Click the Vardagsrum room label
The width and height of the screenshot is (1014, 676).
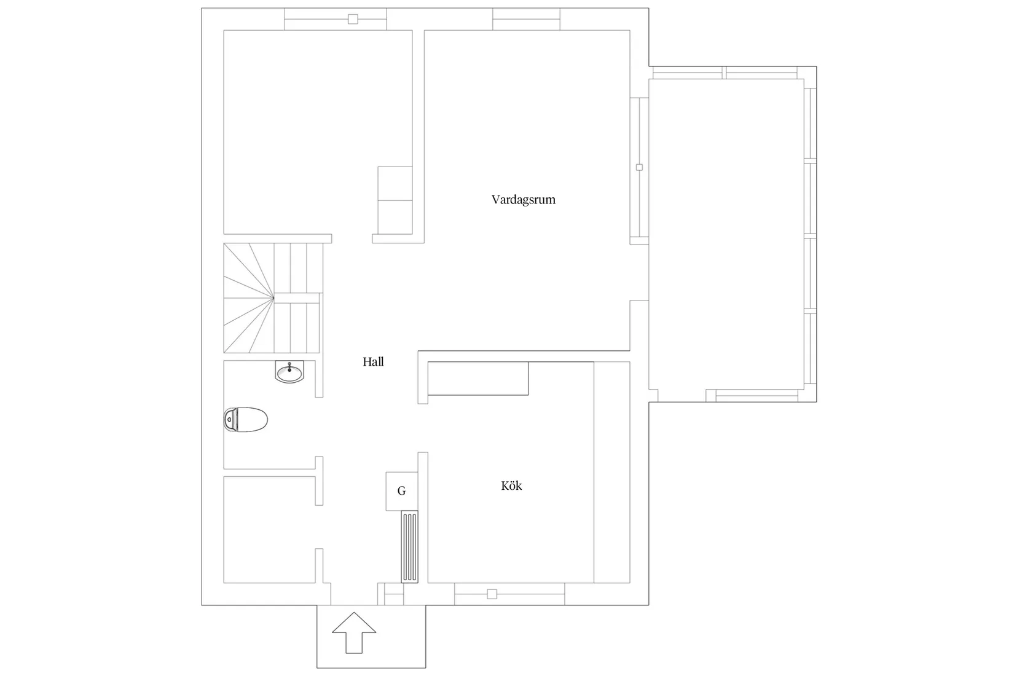click(x=524, y=200)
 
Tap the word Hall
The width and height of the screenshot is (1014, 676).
click(x=373, y=362)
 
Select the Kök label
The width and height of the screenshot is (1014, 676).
click(x=511, y=486)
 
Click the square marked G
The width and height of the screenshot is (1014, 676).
click(x=401, y=491)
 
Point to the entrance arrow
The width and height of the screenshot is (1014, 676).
click(x=354, y=633)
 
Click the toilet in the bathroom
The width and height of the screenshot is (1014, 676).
click(x=246, y=420)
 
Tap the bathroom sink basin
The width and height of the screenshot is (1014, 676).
click(x=289, y=372)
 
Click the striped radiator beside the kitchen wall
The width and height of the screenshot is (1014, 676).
click(x=409, y=546)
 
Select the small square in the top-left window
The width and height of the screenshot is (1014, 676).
click(x=353, y=19)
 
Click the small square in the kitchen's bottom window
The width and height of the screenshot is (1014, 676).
click(x=492, y=594)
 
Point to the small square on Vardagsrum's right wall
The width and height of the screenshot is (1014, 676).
click(x=639, y=168)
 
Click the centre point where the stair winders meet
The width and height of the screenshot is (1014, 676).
click(x=273, y=298)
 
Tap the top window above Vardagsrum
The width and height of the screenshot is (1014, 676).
click(x=526, y=19)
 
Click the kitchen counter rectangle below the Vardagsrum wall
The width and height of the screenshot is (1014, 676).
click(x=478, y=379)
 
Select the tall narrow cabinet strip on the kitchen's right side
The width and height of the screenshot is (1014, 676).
click(x=611, y=472)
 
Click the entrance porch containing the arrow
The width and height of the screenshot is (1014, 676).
click(x=371, y=636)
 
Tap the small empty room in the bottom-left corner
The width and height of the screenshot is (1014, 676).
click(x=269, y=530)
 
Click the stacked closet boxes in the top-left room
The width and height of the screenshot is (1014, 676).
click(x=395, y=200)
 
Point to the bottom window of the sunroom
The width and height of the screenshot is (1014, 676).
click(x=757, y=396)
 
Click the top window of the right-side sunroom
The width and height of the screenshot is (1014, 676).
click(x=725, y=73)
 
